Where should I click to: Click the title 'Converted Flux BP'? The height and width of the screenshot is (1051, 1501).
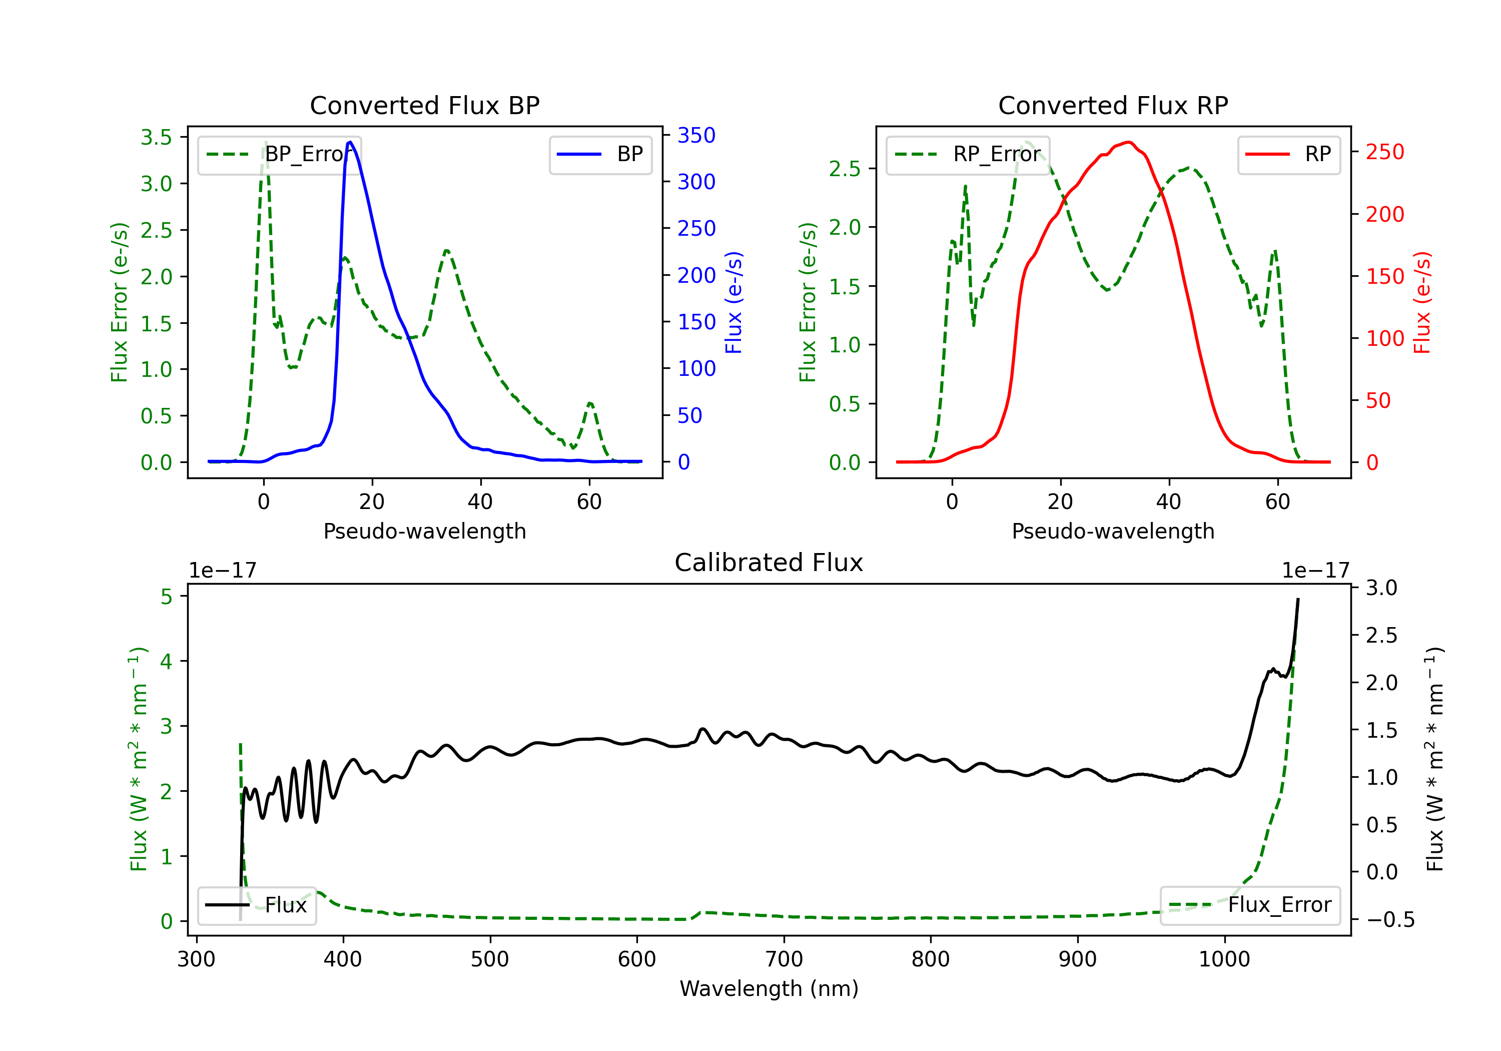pyautogui.click(x=424, y=105)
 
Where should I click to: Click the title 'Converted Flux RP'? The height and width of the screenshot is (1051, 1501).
pyautogui.click(x=1113, y=105)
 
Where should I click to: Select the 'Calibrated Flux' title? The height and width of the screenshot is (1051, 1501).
pyautogui.click(x=769, y=563)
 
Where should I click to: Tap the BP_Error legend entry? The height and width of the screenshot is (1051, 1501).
pyautogui.click(x=280, y=154)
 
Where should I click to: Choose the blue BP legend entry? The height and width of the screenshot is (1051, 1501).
pyautogui.click(x=600, y=154)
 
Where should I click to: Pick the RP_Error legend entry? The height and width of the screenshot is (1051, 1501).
pyautogui.click(x=968, y=154)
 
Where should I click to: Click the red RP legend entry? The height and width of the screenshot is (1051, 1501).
pyautogui.click(x=1288, y=154)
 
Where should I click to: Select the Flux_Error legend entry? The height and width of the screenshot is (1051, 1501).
pyautogui.click(x=1250, y=905)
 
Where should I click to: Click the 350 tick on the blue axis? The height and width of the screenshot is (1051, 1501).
pyautogui.click(x=696, y=136)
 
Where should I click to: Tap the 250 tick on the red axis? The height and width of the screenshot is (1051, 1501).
pyautogui.click(x=1384, y=152)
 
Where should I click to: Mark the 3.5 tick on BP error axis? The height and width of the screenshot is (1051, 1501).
pyautogui.click(x=156, y=137)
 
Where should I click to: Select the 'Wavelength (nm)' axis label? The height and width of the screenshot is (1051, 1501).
pyautogui.click(x=769, y=988)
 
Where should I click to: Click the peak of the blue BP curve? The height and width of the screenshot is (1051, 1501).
pyautogui.click(x=350, y=142)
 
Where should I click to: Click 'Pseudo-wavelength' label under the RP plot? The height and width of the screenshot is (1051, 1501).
pyautogui.click(x=1113, y=531)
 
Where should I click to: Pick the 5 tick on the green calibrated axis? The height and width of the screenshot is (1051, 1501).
pyautogui.click(x=167, y=597)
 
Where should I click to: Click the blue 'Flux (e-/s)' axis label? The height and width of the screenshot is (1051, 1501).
pyautogui.click(x=733, y=303)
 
